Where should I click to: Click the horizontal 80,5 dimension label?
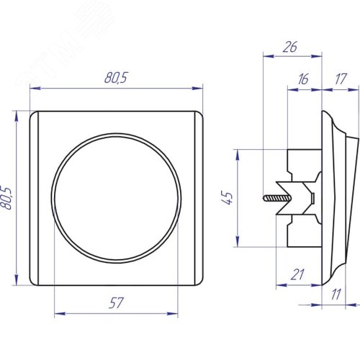pyautogui.click(x=116, y=78)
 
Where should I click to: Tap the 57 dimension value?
pyautogui.click(x=116, y=303)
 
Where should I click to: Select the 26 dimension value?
pyautogui.click(x=290, y=47)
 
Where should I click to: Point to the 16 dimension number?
pyautogui.click(x=303, y=79)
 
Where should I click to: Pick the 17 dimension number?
pyautogui.click(x=341, y=79)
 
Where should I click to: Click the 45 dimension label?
pyautogui.click(x=227, y=198)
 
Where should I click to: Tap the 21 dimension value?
pyautogui.click(x=297, y=274)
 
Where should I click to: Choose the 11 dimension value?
pyautogui.click(x=336, y=294)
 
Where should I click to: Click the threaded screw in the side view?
pyautogui.click(x=276, y=198)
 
